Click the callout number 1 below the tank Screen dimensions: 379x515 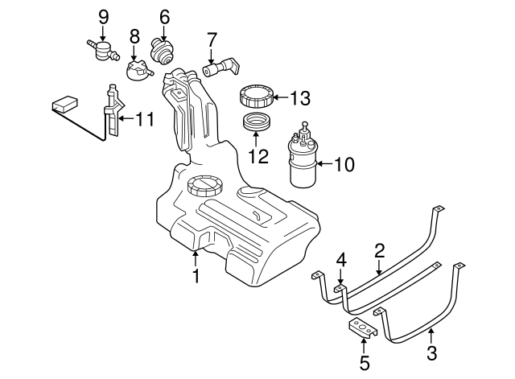click(x=196, y=277)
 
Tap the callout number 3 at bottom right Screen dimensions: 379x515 click(x=431, y=352)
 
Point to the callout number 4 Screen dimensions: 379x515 click(x=340, y=260)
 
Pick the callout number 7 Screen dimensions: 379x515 click(x=212, y=39)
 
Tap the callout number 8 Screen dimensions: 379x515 click(x=134, y=36)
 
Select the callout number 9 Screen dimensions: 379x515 click(x=103, y=17)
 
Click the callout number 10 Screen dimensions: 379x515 click(x=343, y=164)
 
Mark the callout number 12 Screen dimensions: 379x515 click(x=257, y=155)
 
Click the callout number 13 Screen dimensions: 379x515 click(x=299, y=99)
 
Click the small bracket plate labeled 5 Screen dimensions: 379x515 click(x=364, y=328)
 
